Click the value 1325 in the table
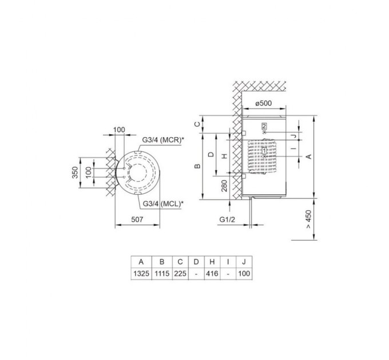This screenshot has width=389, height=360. pos(141,273)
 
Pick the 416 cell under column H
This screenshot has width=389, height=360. pos(212,273)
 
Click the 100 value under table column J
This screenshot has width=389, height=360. pos(245,273)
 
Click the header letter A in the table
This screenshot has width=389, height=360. pos(141,262)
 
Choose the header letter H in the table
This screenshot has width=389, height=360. pos(212,262)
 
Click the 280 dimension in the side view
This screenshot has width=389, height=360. pos(224,186)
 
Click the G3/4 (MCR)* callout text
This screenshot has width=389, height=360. pos(162,139)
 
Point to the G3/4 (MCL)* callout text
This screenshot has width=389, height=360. pos(162,203)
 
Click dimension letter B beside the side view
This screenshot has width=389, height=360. pos(197,166)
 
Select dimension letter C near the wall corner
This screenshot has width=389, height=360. pos(197,124)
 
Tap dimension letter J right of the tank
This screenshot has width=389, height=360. pos(293,136)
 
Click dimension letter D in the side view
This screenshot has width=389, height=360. pos(211,155)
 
